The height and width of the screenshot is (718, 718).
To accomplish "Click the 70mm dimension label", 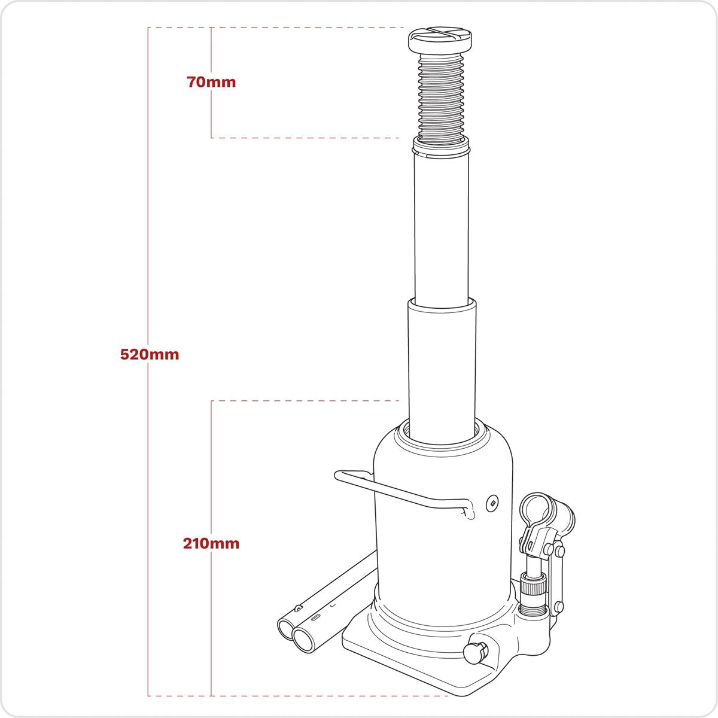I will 211,82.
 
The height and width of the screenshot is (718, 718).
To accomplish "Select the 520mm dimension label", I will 150,354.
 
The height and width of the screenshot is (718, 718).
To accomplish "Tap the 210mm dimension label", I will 211,544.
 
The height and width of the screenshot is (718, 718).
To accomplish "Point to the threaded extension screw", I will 442,96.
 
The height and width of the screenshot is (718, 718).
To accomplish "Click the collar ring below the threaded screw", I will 440,144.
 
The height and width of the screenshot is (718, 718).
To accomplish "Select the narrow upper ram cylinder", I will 440,227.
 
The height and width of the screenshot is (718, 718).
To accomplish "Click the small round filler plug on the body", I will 492,503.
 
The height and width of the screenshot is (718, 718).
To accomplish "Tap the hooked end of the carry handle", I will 470,512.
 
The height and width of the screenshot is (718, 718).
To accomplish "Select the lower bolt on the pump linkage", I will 558,606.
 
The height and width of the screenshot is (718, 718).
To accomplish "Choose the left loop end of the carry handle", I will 338,476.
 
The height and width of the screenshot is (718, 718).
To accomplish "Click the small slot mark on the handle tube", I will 317,616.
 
